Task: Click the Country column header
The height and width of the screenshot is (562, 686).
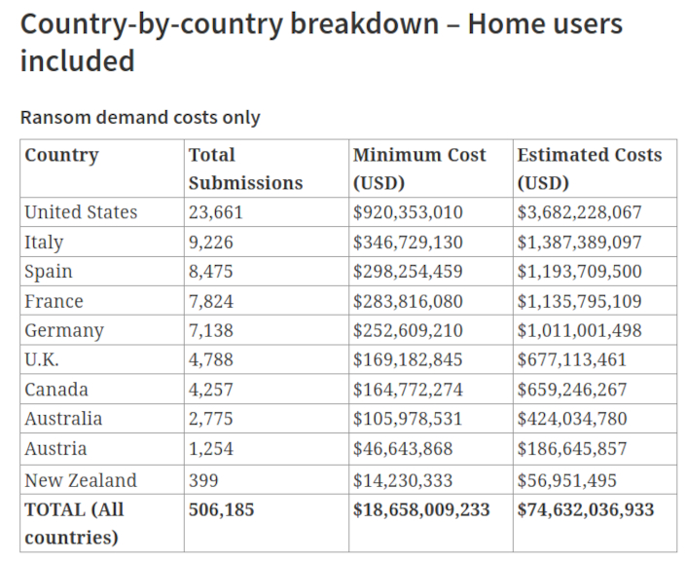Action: [x=61, y=155]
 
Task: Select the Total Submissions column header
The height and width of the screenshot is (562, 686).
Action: [x=245, y=169]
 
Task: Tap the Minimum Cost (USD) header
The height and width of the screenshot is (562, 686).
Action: [x=418, y=169]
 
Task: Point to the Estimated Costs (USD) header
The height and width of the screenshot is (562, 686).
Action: [x=589, y=169]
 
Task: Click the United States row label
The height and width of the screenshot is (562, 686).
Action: [x=81, y=212]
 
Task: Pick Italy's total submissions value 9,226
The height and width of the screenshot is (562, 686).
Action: [x=211, y=243]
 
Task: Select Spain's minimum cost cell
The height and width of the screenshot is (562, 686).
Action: [x=408, y=272]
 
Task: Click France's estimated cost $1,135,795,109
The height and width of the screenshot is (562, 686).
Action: [x=579, y=302]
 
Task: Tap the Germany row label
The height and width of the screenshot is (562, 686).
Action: [x=63, y=331]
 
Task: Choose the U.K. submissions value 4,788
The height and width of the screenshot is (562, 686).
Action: [x=211, y=360]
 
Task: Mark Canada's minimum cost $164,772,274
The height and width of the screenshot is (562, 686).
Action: [x=408, y=390]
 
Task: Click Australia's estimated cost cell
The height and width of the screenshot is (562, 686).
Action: [x=572, y=420]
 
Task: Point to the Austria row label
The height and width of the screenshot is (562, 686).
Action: [x=55, y=449]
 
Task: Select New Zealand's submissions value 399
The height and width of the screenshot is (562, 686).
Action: [x=204, y=480]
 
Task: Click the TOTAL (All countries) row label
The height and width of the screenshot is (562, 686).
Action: [x=74, y=523]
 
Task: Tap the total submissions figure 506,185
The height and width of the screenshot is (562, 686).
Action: [x=222, y=509]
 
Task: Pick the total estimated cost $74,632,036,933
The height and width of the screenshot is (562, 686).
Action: [x=586, y=509]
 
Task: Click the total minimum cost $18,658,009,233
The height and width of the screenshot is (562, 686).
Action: [x=421, y=509]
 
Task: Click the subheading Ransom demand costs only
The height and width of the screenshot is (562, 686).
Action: [x=140, y=117]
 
